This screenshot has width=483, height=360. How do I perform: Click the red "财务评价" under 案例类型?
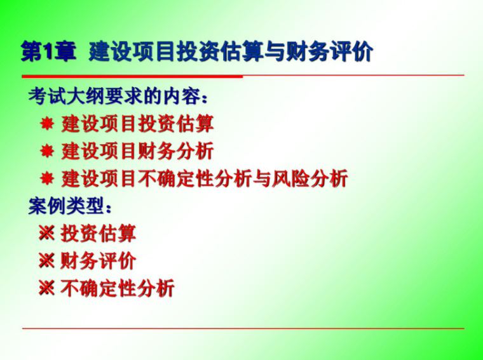click(99, 261)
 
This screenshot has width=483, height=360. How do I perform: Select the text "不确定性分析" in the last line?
click(118, 288)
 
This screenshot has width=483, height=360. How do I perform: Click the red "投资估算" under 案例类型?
click(99, 234)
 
